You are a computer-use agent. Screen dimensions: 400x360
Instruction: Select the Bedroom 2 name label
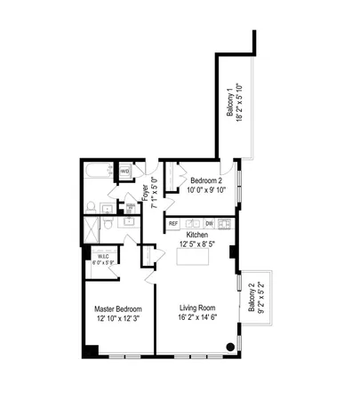(204, 179)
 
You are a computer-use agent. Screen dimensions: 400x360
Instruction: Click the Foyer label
(144, 192)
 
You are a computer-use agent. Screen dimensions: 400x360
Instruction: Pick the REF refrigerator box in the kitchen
(173, 224)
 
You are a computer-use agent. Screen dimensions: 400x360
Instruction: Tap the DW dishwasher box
(209, 224)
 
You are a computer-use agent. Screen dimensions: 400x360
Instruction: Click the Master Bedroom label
(118, 309)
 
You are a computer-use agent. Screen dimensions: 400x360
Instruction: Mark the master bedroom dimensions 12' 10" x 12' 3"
(118, 319)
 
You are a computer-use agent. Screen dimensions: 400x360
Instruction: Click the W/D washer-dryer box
(125, 171)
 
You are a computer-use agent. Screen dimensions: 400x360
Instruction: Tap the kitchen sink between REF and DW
(191, 224)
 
